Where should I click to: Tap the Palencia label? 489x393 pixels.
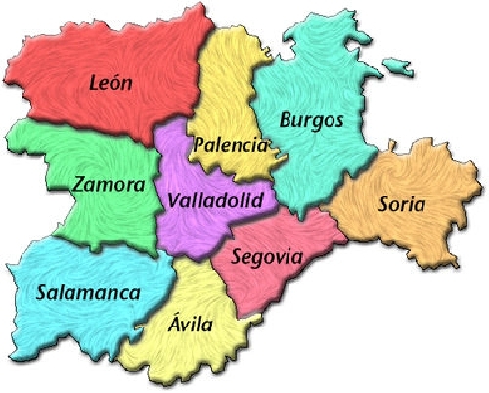coord(230,146)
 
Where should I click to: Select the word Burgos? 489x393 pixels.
coord(311,121)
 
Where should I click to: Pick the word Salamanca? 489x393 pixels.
coord(88,291)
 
